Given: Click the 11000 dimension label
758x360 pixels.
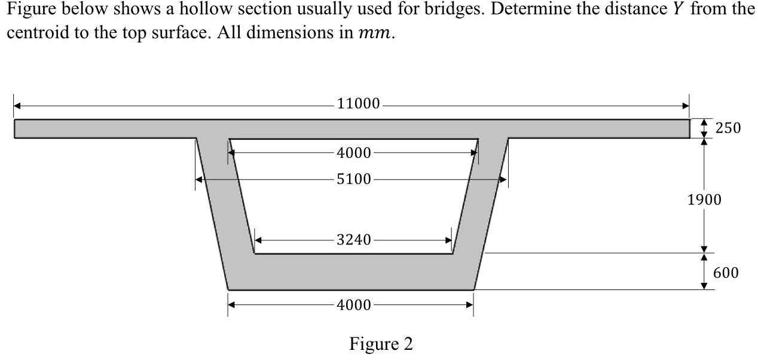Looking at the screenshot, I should [x=358, y=104].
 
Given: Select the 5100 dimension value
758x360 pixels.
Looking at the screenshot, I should [x=353, y=179].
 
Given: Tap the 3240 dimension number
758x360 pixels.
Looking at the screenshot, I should [x=353, y=240].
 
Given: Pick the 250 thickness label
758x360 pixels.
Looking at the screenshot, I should [x=728, y=128].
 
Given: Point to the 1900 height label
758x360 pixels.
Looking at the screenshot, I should [x=704, y=200].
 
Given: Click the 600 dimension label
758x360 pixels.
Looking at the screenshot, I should [x=726, y=273].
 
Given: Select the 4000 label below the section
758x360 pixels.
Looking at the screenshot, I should [x=353, y=305].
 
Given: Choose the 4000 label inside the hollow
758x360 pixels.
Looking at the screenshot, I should [x=353, y=152].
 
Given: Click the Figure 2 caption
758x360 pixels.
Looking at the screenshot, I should [x=381, y=344].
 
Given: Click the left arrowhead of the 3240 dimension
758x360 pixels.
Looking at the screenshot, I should [x=259, y=240].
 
